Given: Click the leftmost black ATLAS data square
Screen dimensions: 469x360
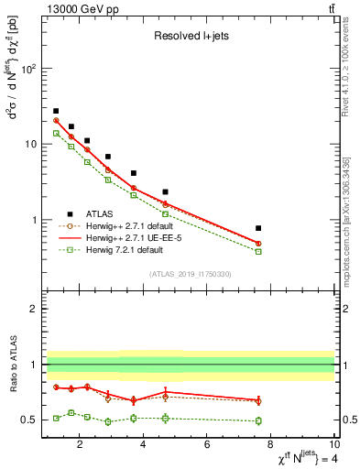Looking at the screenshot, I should click(56, 111).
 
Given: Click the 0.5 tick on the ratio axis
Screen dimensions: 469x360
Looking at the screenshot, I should click(28, 420).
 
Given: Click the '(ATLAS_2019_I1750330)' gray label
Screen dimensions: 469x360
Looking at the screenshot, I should click(190, 274).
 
